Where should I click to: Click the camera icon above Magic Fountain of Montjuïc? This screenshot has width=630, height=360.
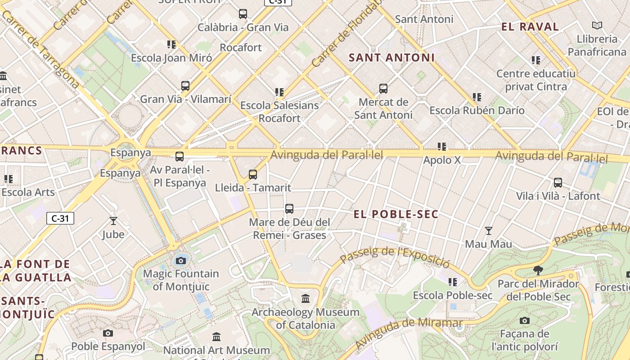[x=181, y=261]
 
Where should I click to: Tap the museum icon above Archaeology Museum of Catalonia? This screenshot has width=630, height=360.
[x=306, y=298]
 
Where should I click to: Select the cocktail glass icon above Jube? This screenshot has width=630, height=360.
[x=113, y=221]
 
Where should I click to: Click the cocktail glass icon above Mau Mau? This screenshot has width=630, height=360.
[x=488, y=231]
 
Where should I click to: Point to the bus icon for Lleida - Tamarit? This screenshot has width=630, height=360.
[x=253, y=174]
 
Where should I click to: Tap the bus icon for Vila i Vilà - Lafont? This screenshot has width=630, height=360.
[x=558, y=183]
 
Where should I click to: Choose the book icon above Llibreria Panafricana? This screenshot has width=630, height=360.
[x=597, y=26]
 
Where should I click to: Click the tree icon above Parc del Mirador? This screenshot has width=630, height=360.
[x=537, y=270]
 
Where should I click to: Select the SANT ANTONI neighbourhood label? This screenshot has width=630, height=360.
[x=391, y=58]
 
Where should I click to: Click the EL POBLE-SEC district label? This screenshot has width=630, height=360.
[x=396, y=214]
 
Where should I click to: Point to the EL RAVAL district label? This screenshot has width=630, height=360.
[x=530, y=27]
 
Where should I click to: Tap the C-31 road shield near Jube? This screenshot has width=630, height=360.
[x=60, y=219]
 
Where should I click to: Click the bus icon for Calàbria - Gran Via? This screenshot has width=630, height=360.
[x=243, y=14]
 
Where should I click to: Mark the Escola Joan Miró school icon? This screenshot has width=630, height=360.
[x=171, y=45]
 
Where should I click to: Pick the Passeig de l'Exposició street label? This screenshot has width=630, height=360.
[x=395, y=257]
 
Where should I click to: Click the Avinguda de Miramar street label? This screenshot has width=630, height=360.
[x=408, y=332]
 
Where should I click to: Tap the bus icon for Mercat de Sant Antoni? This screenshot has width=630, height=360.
[x=383, y=89]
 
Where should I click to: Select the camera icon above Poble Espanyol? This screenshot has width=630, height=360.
[x=108, y=333]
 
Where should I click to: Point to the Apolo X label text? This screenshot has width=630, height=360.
[x=442, y=160]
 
